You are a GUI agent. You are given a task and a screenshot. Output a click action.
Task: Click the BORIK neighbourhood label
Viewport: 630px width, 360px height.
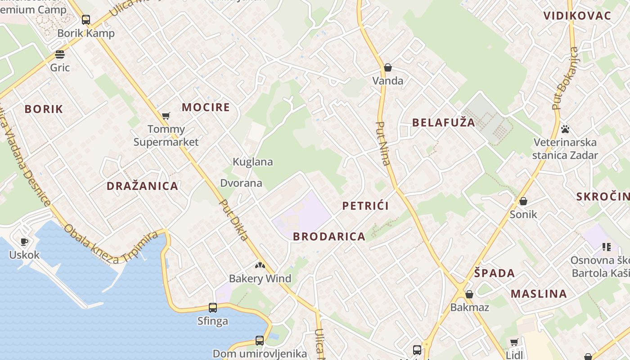pos(44,109)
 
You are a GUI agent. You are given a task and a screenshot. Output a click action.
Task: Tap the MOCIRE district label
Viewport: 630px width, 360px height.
pos(206,107)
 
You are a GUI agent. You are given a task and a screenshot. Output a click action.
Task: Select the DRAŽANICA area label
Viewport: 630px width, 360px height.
pos(142,186)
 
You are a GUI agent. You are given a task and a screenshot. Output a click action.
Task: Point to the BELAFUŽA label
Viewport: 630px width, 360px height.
pos(443,122)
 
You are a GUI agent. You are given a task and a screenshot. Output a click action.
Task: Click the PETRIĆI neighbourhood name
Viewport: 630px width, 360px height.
pos(365,206)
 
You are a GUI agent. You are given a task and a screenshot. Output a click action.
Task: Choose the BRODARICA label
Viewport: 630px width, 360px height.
pos(329,236)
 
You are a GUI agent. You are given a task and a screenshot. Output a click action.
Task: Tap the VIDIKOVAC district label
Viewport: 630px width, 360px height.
pos(577,16)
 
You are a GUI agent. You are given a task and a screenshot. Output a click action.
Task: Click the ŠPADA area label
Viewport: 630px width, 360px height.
pos(494,273)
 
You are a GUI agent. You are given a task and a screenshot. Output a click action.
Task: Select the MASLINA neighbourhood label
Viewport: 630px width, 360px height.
pos(539,294)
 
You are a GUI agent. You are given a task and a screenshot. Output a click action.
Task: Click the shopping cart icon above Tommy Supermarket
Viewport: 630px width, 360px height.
pos(166,116)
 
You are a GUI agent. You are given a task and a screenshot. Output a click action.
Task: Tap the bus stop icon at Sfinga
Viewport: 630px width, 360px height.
pos(213,308)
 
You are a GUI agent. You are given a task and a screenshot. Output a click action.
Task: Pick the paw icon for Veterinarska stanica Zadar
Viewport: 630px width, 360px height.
pos(565,130)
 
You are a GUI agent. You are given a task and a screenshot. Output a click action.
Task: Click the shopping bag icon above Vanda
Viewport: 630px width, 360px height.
pos(388,67)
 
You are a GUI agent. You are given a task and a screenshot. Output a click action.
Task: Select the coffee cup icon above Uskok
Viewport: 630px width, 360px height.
pos(24,242)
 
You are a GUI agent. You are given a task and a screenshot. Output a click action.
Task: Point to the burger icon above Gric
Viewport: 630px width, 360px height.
pos(60,54)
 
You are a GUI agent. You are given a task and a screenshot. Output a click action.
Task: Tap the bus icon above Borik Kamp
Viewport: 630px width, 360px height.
pos(86,20)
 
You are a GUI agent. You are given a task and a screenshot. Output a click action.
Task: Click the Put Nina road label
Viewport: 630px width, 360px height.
pos(383,144)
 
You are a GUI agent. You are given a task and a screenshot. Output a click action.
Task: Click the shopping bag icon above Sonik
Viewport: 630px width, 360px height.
pos(523,201)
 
